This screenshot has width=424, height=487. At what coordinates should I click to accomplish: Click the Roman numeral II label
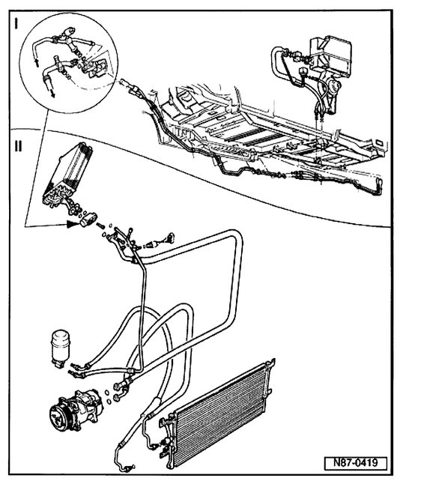point(18,145)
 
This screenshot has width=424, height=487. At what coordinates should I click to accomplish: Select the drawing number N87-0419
point(355,462)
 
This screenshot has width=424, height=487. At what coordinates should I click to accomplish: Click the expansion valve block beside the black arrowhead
point(88,219)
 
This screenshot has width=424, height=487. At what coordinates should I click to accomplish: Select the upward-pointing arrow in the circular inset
point(35,61)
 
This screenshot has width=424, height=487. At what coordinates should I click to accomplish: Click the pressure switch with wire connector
point(162,241)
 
